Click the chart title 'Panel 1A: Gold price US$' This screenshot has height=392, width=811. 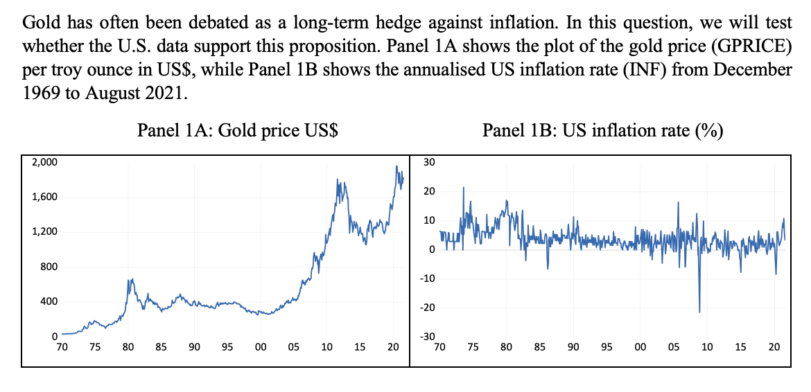[238, 131]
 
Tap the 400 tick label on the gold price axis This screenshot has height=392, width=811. [48, 302]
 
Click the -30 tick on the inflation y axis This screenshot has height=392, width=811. [428, 337]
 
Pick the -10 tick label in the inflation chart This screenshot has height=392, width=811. [428, 278]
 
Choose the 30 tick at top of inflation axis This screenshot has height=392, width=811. [429, 162]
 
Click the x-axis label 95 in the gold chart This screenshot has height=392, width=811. [227, 347]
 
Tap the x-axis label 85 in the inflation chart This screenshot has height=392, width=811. [539, 347]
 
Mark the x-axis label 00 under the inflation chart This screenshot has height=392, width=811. [639, 347]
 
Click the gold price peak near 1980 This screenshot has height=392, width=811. [129, 279]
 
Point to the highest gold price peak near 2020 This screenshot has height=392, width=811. [396, 166]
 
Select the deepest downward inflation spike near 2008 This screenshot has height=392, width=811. [699, 312]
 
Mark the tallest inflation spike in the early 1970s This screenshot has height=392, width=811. [463, 188]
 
